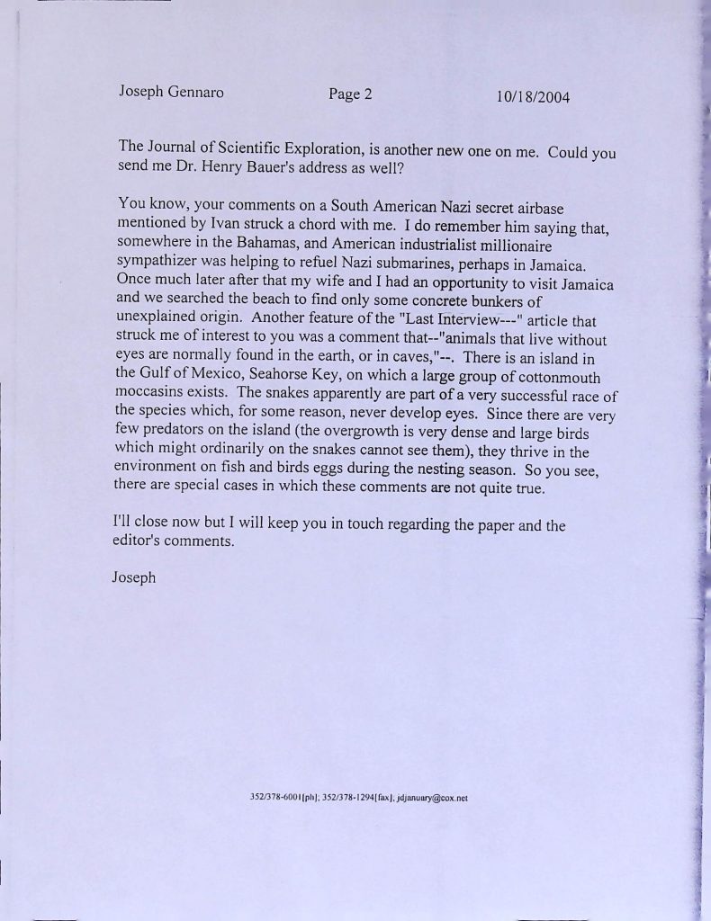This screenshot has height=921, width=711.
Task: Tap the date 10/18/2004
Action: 533,97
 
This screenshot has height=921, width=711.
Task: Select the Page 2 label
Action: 350,94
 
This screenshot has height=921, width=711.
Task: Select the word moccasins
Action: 157,396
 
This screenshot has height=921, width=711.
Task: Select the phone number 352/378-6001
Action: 273,797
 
